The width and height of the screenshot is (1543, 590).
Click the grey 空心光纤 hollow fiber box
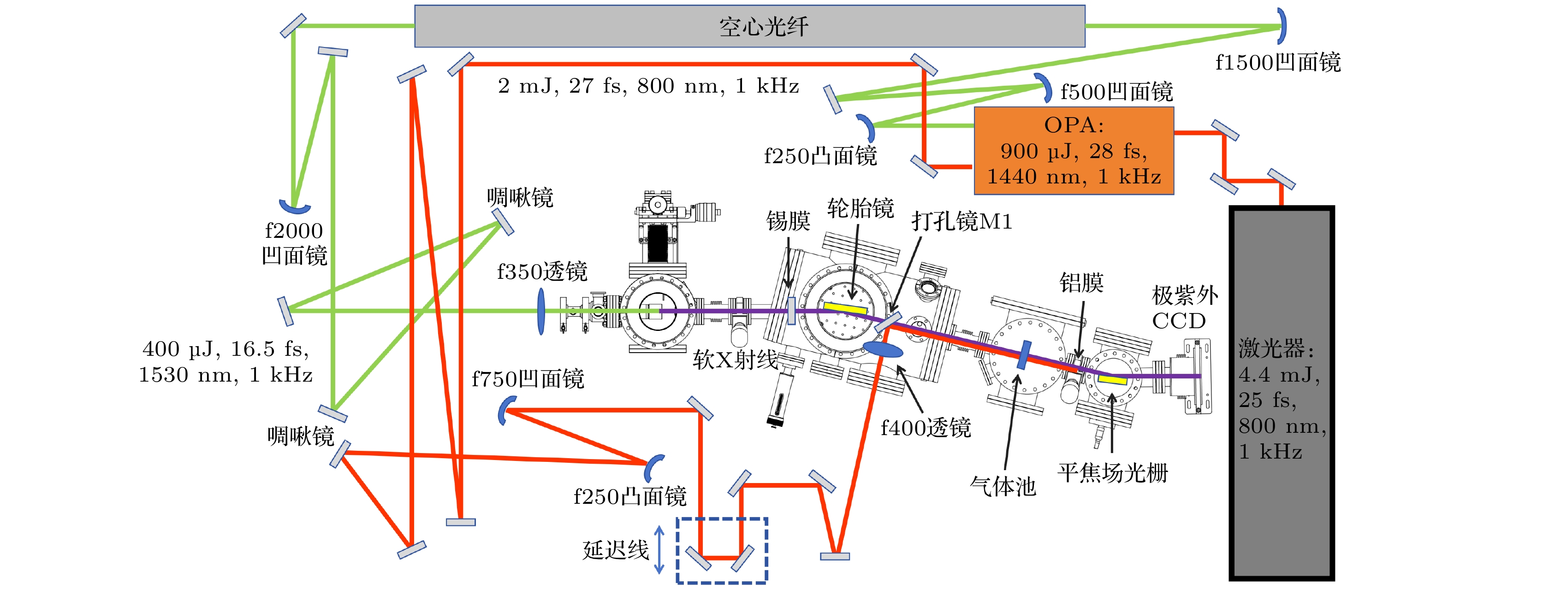(x=749, y=26)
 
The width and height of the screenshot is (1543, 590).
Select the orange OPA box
(x=1074, y=151)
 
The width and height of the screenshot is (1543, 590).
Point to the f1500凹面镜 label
(x=1278, y=62)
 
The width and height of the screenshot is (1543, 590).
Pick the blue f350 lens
(x=541, y=311)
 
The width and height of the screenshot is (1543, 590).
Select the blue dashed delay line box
(x=722, y=550)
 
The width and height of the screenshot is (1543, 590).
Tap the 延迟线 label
(x=616, y=549)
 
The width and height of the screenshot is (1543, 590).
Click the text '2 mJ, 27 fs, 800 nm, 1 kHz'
(x=648, y=86)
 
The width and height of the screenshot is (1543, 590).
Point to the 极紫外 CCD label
(x=1183, y=308)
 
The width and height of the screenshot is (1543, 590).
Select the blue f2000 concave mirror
(x=295, y=207)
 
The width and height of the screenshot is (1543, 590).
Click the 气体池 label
(x=1003, y=486)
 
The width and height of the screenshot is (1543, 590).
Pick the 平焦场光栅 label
(x=1112, y=472)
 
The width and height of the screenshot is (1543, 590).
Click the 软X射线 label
(x=735, y=360)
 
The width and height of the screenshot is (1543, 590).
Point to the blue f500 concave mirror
(x=1044, y=88)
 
